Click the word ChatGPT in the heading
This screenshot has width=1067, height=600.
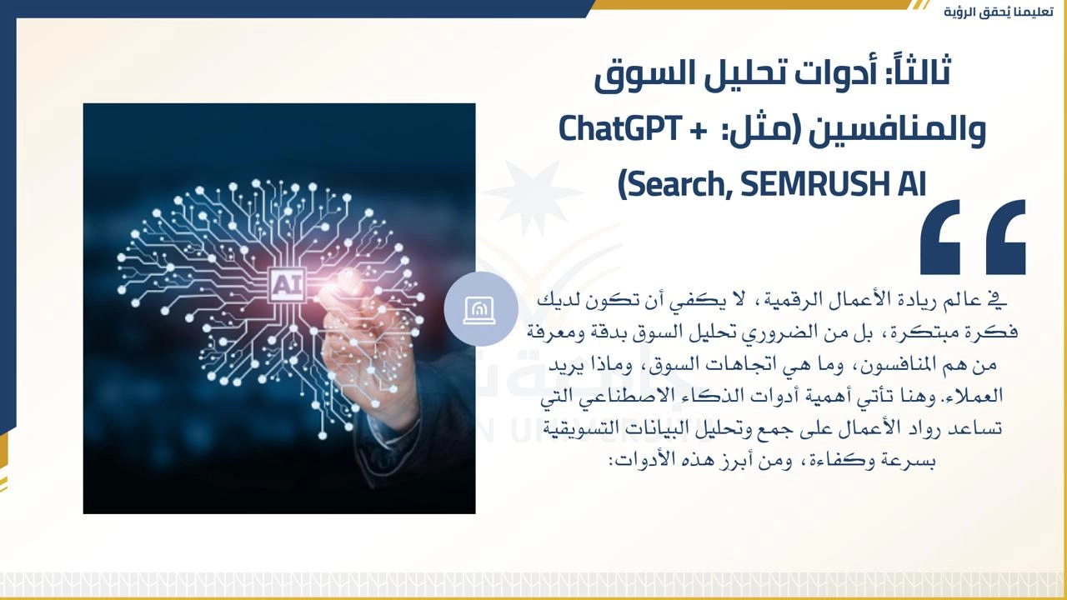point(619,129)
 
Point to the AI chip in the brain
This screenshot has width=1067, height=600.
point(286,285)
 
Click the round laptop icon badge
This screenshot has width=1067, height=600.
point(481,309)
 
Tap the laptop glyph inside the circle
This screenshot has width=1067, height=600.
point(479,311)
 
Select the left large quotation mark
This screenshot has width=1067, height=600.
point(939,237)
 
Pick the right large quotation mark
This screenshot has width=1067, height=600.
point(1005,237)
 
